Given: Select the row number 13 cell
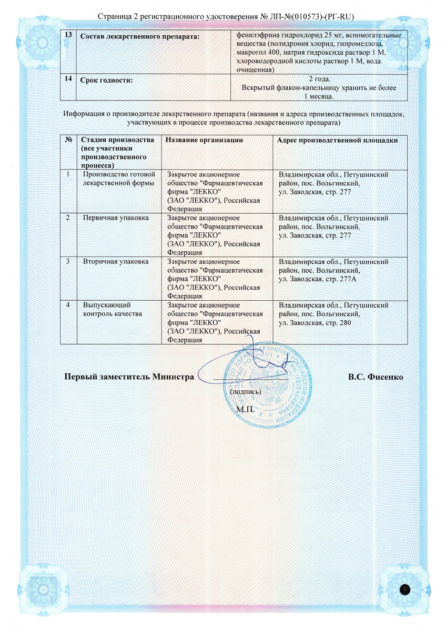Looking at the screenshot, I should coord(68,35).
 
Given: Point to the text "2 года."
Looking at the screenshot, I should coord(318,80).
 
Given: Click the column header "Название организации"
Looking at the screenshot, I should coord(204,140).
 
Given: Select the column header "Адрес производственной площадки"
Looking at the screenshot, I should coord(337,140).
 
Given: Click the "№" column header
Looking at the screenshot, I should coord(68,140).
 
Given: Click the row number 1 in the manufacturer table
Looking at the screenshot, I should coord(68,174).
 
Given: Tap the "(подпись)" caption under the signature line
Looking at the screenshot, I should coord(245,392).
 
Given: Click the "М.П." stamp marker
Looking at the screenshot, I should coord(245,408).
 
